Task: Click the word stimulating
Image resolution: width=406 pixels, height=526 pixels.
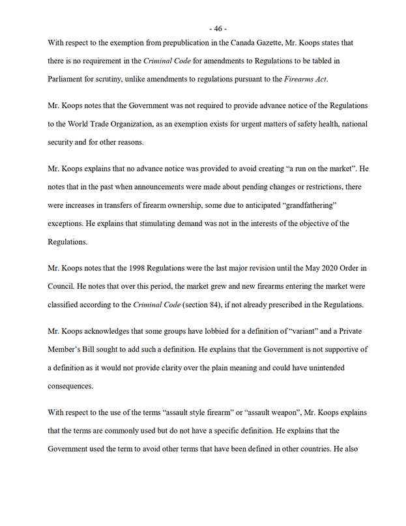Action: click(x=156, y=223)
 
